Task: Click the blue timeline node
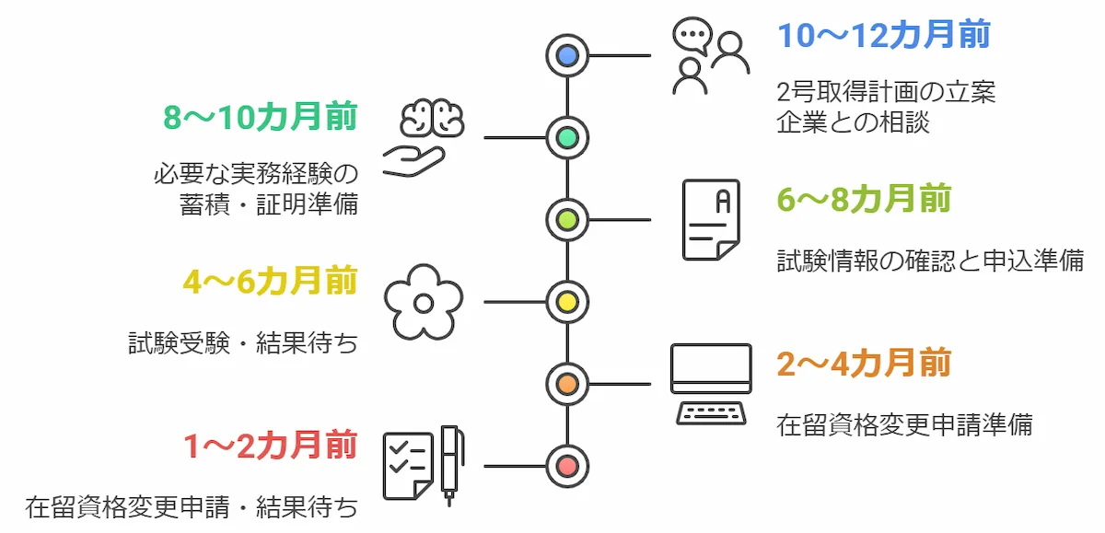click(x=567, y=56)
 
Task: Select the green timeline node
click(x=567, y=138)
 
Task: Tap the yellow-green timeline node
click(x=567, y=220)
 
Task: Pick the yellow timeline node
click(x=567, y=301)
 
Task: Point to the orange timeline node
click(x=567, y=383)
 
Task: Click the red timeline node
click(x=567, y=465)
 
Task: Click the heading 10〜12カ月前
click(x=883, y=36)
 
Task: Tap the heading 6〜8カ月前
click(x=864, y=200)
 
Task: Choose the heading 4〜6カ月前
click(x=270, y=282)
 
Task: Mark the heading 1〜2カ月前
click(x=270, y=445)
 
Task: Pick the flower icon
click(x=424, y=302)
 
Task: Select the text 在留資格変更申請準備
click(x=903, y=424)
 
